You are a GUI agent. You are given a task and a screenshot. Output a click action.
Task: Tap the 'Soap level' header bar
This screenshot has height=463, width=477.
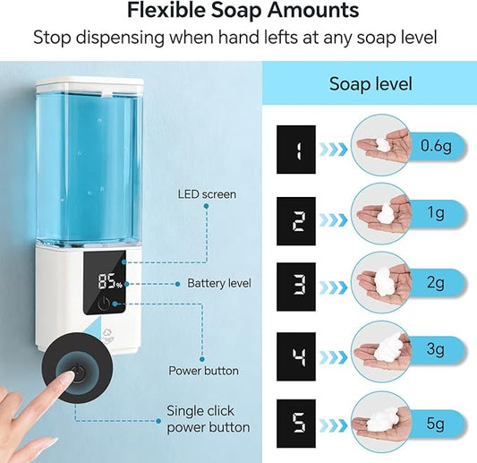371,84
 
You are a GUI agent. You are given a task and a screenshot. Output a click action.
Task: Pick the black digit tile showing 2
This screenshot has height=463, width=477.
296,219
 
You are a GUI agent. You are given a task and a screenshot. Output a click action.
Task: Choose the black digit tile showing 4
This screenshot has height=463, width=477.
296,356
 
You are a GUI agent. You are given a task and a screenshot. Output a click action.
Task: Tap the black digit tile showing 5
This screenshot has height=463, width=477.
296,424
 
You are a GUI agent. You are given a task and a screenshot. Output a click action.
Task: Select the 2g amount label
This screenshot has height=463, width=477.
436,283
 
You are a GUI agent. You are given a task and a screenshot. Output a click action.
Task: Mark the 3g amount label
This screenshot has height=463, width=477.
436,352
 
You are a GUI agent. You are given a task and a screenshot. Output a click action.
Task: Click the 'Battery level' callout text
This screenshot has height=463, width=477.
219,283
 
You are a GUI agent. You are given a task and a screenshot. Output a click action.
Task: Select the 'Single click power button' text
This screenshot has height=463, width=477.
209,419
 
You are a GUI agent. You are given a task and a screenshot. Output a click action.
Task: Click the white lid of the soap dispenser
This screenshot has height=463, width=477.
89,86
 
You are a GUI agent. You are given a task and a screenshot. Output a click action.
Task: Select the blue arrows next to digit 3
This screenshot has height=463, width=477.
336,287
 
